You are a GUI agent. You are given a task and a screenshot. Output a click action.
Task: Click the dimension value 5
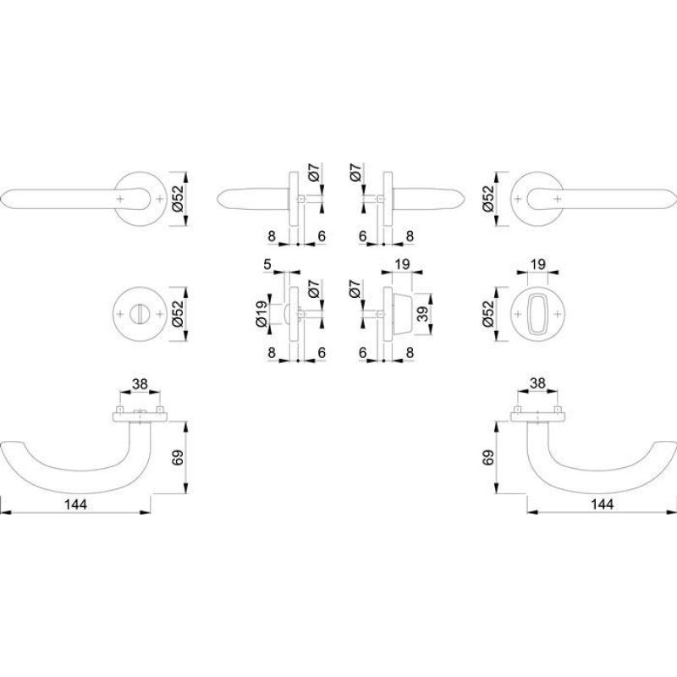click(x=267, y=264)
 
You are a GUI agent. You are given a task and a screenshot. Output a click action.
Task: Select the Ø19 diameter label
click(x=261, y=314)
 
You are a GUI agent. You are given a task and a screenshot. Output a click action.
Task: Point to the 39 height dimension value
click(x=422, y=313)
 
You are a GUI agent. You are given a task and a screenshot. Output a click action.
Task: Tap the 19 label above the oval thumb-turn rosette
click(x=538, y=264)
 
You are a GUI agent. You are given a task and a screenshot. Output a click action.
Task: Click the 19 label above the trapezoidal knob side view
click(x=402, y=264)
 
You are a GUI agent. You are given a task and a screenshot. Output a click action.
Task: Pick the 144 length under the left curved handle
click(x=75, y=504)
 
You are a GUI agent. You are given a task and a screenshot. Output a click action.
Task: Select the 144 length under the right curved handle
click(x=602, y=504)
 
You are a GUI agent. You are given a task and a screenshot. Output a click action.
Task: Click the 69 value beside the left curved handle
click(x=178, y=457)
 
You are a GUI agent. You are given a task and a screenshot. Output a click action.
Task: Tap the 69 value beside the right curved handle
click(x=488, y=457)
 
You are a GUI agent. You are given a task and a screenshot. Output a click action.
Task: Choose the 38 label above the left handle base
click(x=140, y=383)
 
